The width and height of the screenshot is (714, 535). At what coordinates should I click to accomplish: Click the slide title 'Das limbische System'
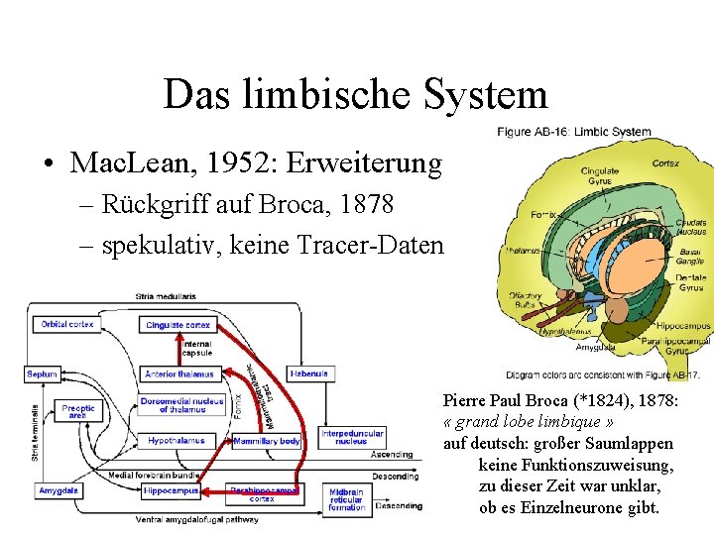tap(355, 95)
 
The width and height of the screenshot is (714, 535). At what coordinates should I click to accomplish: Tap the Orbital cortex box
tap(67, 324)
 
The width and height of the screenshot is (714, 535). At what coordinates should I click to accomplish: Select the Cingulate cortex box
tap(178, 324)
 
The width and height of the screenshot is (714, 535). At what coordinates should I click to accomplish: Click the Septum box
tap(43, 374)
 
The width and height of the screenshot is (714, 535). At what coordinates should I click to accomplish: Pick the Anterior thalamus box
tap(179, 374)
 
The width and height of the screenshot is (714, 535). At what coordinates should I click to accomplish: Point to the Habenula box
tap(308, 374)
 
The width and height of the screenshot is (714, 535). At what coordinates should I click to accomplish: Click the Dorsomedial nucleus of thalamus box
tap(181, 405)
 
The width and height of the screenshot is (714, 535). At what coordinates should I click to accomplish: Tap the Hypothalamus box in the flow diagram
tap(177, 441)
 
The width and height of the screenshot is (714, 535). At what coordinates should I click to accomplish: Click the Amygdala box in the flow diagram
tap(59, 490)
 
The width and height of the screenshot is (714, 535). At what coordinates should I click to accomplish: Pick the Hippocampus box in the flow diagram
tap(171, 490)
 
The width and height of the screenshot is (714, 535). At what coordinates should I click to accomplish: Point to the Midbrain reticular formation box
tap(347, 499)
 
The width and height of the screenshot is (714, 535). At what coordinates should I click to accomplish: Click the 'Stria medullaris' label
tap(166, 295)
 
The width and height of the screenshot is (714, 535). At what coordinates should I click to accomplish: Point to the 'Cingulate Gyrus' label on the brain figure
tap(599, 175)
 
